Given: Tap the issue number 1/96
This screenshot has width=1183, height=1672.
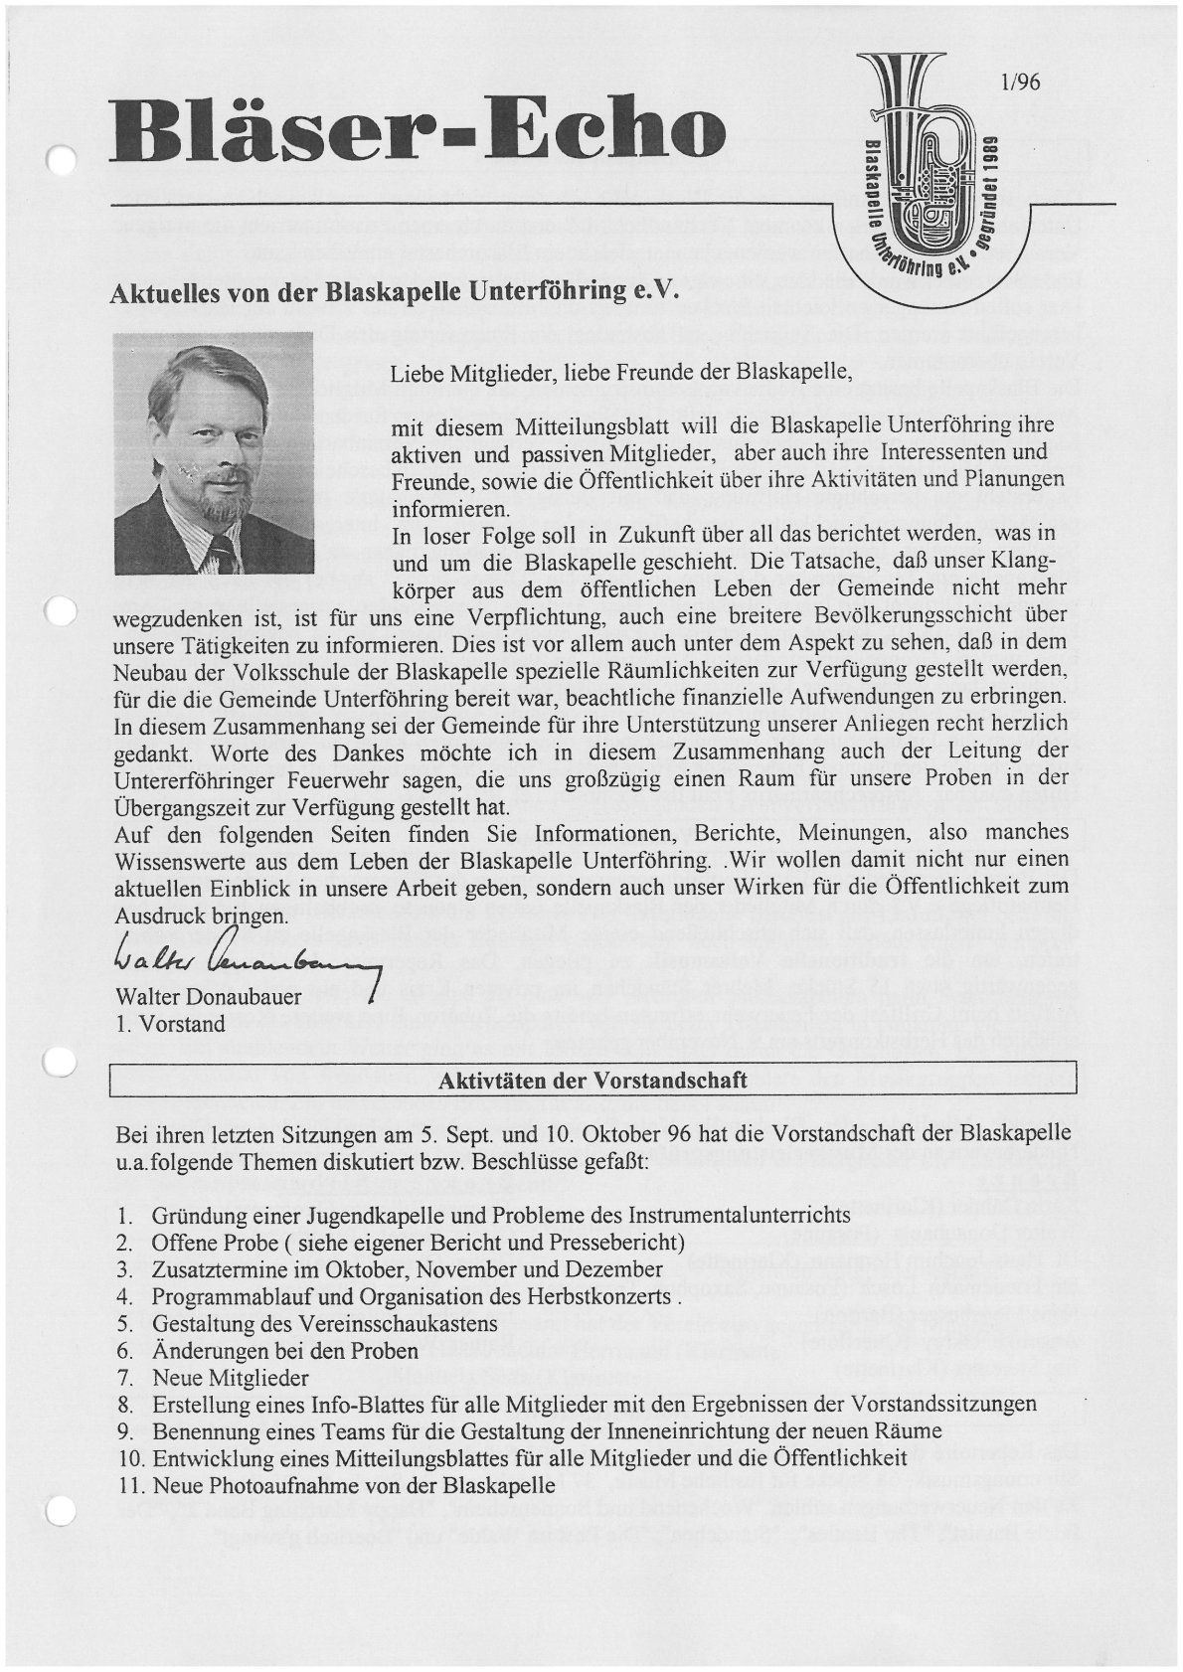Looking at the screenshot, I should click(1021, 83).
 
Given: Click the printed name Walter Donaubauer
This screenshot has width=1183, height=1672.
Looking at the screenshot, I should click(209, 997).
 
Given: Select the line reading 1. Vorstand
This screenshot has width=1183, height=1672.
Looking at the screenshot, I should click(170, 1022).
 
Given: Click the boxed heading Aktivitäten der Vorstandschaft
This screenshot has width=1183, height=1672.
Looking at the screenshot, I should click(592, 1081).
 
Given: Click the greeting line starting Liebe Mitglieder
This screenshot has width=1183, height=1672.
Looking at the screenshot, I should click(621, 375).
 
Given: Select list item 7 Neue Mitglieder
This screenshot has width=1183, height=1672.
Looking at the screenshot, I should click(229, 1379).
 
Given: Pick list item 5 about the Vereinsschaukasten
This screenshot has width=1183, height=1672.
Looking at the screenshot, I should click(324, 1324).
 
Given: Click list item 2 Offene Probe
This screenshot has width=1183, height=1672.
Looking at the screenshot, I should click(418, 1242).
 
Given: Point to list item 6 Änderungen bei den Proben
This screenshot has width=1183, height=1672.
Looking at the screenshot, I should click(284, 1352).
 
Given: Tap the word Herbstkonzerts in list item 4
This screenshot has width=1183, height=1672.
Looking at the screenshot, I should click(600, 1297).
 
